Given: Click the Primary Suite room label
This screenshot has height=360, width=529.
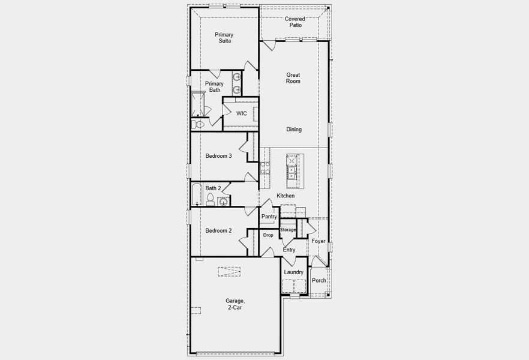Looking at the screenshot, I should click(x=224, y=38).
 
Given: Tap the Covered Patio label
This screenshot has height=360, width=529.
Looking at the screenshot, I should click(x=293, y=22).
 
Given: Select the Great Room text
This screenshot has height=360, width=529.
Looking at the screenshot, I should click(x=293, y=78).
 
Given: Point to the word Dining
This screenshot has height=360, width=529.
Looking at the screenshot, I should click(x=294, y=130).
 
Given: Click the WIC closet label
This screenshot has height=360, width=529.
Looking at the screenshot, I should click(x=241, y=113).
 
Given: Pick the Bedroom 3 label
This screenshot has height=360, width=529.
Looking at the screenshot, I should click(x=218, y=156).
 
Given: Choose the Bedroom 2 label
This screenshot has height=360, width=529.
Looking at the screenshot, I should click(x=218, y=230).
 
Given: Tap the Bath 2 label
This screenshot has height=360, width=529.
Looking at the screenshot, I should click(x=213, y=188).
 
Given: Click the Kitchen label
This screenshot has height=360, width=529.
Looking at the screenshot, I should click(x=285, y=196).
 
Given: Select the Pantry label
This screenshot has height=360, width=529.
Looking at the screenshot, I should click(x=269, y=217).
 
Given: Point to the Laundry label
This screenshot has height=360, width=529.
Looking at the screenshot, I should click(x=294, y=272).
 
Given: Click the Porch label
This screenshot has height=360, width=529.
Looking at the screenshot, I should click(x=319, y=280).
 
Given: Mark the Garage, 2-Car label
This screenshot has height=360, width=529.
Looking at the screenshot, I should click(x=235, y=304).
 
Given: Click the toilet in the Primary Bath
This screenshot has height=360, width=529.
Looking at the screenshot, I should click(x=199, y=124).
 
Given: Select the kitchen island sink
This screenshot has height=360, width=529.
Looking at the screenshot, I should click(x=292, y=172).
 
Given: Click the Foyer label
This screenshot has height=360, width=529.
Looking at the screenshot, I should click(x=318, y=241).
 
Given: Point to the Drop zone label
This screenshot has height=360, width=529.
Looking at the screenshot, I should click(x=268, y=235).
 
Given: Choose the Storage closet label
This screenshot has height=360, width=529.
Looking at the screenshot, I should click(x=288, y=230).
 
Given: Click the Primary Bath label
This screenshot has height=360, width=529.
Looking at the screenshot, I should click(x=214, y=87).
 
